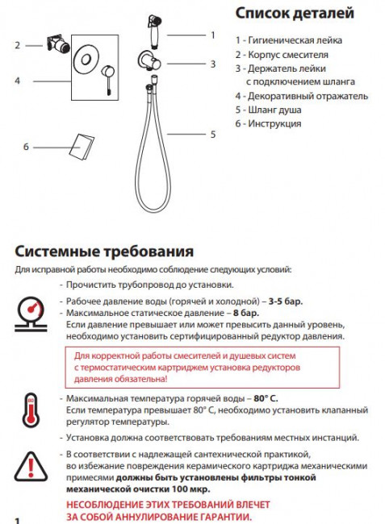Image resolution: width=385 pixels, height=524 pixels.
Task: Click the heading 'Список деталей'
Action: click(294, 13)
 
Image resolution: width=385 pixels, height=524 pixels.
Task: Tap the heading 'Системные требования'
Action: click(104, 250)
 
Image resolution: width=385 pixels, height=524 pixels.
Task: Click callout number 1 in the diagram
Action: click(213, 35)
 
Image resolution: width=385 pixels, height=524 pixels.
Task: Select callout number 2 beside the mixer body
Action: click(16, 45)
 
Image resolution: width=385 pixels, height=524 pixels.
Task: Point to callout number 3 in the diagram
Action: click(213, 64)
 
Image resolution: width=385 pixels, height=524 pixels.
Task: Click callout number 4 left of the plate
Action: click(16, 81)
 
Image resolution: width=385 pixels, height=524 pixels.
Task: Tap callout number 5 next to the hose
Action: click(213, 135)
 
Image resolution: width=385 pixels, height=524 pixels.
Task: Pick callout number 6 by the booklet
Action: click(26, 147)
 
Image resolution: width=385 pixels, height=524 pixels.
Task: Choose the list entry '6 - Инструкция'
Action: click(269, 123)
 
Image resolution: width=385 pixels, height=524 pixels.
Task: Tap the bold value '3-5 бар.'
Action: click(286, 301)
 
